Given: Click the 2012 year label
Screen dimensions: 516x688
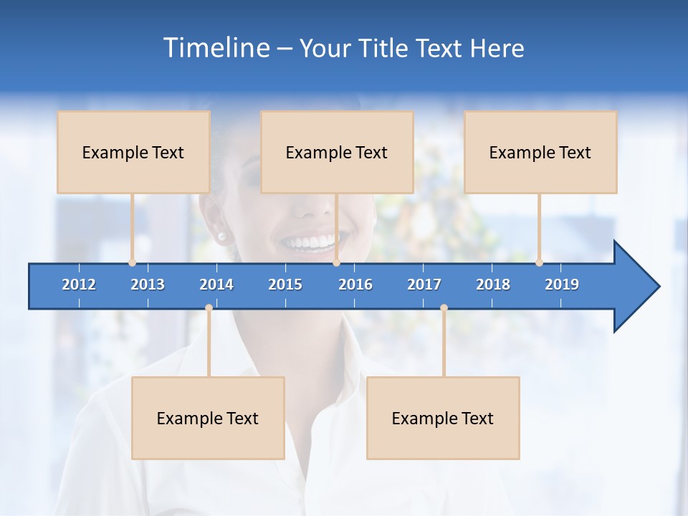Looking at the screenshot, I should pyautogui.click(x=79, y=285).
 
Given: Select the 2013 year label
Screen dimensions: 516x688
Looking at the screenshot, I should pyautogui.click(x=148, y=285).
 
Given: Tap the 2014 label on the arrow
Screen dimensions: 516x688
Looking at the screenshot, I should pyautogui.click(x=216, y=285).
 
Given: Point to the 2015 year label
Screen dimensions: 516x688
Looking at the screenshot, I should pyautogui.click(x=285, y=285).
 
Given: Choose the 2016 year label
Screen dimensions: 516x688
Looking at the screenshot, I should pyautogui.click(x=355, y=285).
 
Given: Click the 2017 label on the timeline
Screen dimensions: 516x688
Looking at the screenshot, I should pyautogui.click(x=424, y=285).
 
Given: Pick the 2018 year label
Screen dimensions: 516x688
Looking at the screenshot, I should pyautogui.click(x=493, y=285).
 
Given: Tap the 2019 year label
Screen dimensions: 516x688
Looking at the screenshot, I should pyautogui.click(x=562, y=285).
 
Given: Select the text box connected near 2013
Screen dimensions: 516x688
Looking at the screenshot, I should pyautogui.click(x=133, y=152).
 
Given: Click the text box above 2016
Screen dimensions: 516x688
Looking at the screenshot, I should pyautogui.click(x=336, y=152).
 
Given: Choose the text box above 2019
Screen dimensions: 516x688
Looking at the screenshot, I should pyautogui.click(x=540, y=152).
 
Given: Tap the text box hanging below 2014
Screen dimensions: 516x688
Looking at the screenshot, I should pyautogui.click(x=208, y=418).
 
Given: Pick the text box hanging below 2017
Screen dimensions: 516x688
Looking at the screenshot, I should pyautogui.click(x=442, y=418).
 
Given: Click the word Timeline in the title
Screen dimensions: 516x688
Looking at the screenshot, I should pyautogui.click(x=216, y=48).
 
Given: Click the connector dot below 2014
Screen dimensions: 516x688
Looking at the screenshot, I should pyautogui.click(x=209, y=308).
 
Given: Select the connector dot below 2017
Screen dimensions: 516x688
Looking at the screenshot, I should pyautogui.click(x=444, y=308).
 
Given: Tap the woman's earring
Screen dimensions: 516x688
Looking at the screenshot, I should pyautogui.click(x=221, y=236).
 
